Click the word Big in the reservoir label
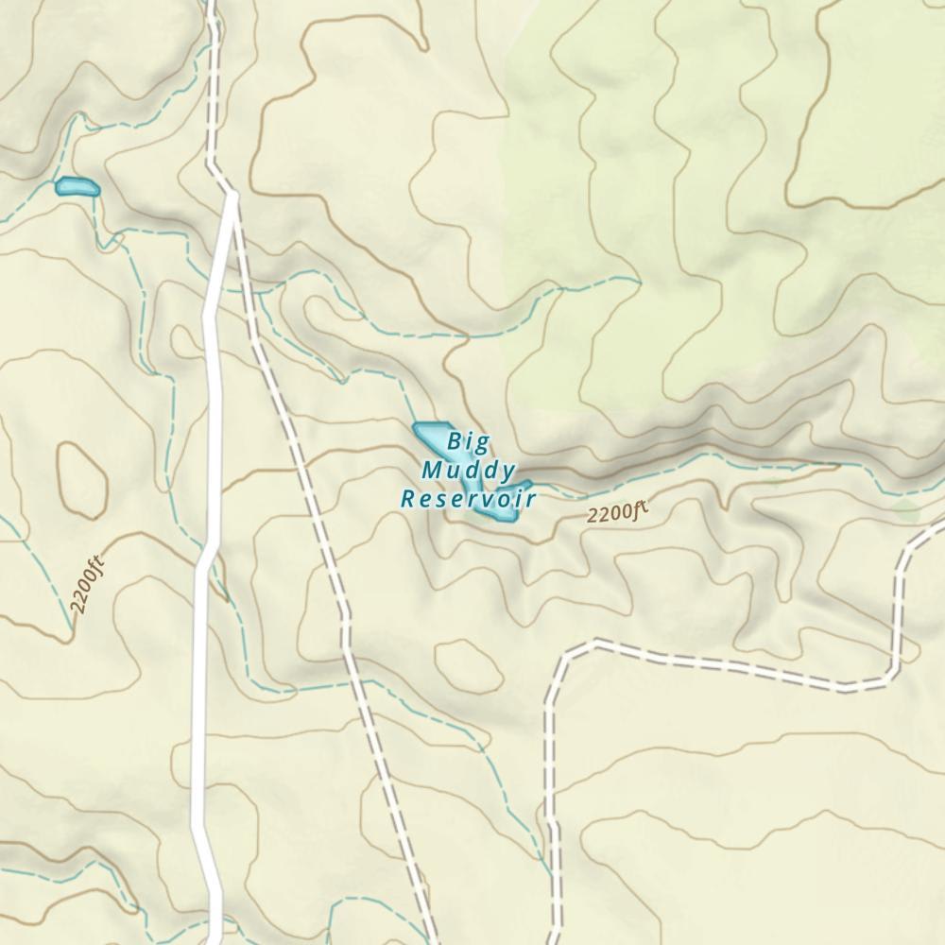[469, 440]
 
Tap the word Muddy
[469, 470]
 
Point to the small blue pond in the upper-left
[77, 187]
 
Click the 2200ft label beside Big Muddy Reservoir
[617, 513]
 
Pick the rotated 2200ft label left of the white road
[87, 588]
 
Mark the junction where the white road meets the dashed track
[232, 196]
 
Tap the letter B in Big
[455, 440]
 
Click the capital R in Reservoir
[408, 499]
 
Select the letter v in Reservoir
[489, 499]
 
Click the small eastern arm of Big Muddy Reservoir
[522, 487]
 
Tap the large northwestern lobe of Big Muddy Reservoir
[431, 436]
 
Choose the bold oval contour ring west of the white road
[81, 479]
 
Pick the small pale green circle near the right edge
[905, 511]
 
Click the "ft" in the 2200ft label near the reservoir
[640, 511]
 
